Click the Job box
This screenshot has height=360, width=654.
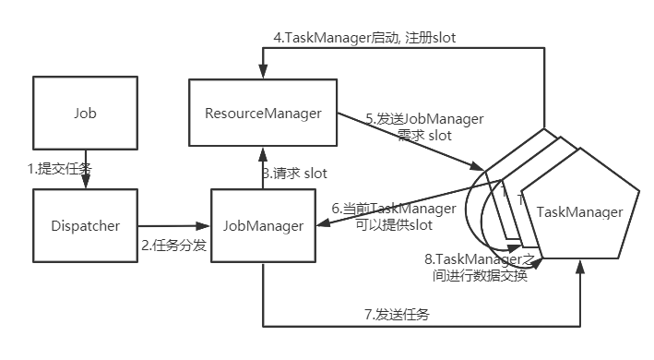[x=85, y=114]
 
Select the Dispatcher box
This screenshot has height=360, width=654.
[x=85, y=224]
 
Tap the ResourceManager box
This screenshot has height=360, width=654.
[x=263, y=114]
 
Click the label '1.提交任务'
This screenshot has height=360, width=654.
[x=60, y=169]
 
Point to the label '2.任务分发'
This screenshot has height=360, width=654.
[x=172, y=245]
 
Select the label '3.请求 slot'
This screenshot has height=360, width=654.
[x=294, y=172]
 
